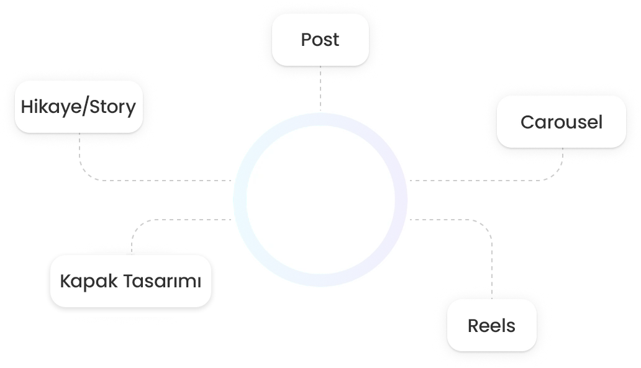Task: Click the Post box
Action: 320,40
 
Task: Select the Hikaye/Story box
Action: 78,106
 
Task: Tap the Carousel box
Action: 561,122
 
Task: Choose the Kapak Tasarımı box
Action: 130,280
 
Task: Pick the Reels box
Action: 491,325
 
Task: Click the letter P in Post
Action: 306,40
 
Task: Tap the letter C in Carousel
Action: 526,122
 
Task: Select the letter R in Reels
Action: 473,326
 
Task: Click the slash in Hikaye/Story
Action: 86,107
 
